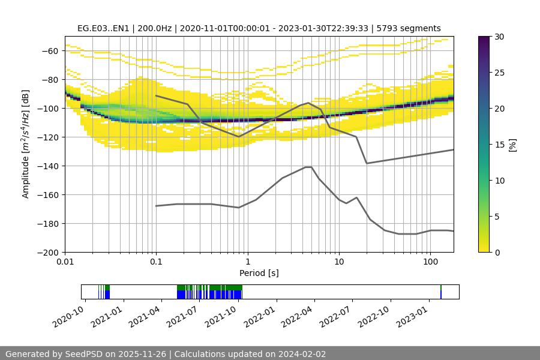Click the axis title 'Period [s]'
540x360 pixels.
tap(259, 274)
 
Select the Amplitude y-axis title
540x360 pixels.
tap(26, 145)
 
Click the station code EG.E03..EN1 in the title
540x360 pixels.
tap(105, 29)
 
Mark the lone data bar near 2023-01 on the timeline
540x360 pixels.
tap(441, 292)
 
